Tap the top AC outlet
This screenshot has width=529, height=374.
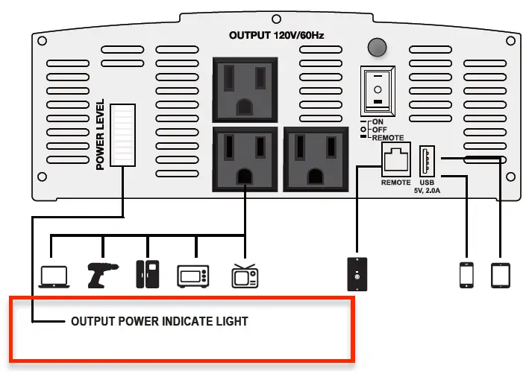244,88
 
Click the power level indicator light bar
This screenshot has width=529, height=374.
122,134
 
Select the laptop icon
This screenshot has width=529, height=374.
54,275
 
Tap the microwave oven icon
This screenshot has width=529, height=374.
192,276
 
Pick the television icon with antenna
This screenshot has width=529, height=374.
244,274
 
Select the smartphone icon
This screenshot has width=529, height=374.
466,274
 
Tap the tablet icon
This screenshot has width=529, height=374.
499,274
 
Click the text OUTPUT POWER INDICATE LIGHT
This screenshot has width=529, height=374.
159,322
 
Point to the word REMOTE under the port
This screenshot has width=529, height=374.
395,183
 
